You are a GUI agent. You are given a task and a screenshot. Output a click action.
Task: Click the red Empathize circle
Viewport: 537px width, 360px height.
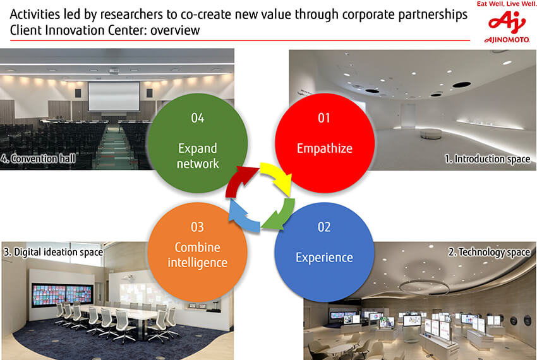pyautogui.click(x=325, y=143)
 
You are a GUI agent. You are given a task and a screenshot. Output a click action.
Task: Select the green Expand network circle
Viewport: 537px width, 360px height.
pyautogui.click(x=198, y=143)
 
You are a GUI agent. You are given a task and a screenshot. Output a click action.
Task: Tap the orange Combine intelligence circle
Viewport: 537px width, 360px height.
pyautogui.click(x=198, y=253)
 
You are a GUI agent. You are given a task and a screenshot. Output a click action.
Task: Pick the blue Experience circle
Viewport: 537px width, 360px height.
pyautogui.click(x=324, y=253)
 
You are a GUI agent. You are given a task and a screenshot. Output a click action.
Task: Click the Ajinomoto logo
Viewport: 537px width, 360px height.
pyautogui.click(x=507, y=27)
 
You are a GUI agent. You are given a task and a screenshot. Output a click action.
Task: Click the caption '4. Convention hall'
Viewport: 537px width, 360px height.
pyautogui.click(x=38, y=159)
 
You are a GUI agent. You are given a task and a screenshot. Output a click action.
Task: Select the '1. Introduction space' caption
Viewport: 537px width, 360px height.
pyautogui.click(x=487, y=159)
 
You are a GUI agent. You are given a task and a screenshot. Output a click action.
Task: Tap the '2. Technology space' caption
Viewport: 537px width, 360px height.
pyautogui.click(x=490, y=252)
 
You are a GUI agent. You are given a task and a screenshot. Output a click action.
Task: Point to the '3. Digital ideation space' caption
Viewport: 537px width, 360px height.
pyautogui.click(x=54, y=252)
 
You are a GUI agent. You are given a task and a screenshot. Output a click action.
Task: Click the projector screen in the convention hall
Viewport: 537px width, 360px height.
pyautogui.click(x=114, y=96)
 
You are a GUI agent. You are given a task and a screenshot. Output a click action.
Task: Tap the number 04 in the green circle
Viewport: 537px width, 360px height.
pyautogui.click(x=198, y=118)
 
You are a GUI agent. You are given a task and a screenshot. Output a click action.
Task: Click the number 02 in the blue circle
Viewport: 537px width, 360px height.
pyautogui.click(x=324, y=227)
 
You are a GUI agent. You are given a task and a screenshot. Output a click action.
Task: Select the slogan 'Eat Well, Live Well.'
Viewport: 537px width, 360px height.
pyautogui.click(x=506, y=4)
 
